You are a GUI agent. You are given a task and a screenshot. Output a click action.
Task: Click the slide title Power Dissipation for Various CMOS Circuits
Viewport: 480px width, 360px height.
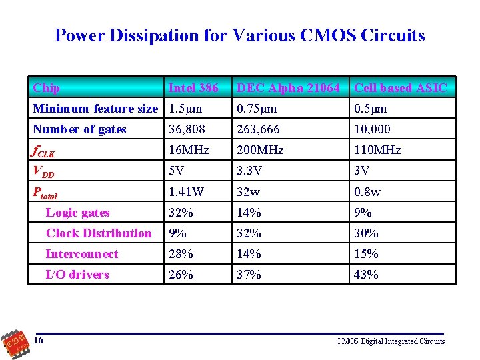point(239,35)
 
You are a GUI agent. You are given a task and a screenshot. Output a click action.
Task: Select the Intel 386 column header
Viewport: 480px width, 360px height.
point(193,88)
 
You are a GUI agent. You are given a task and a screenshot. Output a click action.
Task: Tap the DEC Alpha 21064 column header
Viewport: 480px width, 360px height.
point(288,88)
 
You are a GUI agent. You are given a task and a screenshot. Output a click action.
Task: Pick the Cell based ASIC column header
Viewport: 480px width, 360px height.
point(401,88)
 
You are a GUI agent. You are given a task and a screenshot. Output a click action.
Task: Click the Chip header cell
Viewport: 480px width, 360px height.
point(47,88)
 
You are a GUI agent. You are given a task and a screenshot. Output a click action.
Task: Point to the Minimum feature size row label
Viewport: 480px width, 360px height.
point(95,109)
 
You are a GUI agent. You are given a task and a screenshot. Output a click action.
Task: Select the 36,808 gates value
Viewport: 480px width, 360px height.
point(187,129)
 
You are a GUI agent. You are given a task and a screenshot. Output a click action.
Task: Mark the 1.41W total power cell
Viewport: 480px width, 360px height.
point(186,192)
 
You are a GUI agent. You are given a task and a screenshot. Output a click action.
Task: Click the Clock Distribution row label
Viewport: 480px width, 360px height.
point(98,233)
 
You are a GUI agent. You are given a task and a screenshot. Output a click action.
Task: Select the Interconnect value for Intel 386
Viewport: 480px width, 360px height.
point(181,254)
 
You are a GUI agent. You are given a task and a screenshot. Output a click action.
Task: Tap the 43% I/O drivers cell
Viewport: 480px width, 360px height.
point(366,275)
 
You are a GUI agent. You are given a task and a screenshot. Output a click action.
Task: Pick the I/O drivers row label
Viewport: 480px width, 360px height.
point(77,275)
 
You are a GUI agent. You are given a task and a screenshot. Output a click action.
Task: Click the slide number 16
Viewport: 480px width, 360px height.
point(39,341)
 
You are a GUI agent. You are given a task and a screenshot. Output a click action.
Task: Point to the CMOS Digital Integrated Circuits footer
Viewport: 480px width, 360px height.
point(390,341)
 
